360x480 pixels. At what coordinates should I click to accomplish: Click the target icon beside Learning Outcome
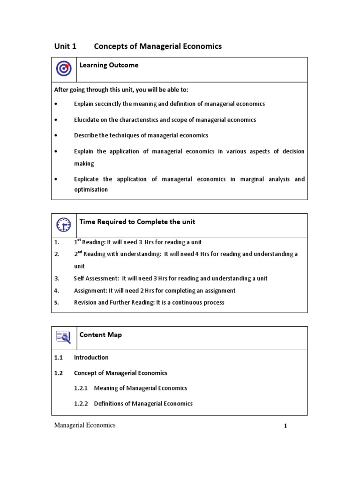click(63, 69)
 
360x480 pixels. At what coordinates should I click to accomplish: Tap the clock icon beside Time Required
click(63, 225)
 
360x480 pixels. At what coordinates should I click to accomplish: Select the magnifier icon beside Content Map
click(63, 337)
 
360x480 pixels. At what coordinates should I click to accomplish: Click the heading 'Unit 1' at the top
click(65, 46)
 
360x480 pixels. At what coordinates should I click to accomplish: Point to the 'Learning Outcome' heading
click(109, 65)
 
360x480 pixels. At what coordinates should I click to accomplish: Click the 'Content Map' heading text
click(100, 335)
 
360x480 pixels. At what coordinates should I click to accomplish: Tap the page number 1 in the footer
click(285, 427)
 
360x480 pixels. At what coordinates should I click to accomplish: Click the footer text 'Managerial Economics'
click(85, 425)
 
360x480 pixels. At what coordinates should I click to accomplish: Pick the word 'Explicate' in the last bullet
click(87, 179)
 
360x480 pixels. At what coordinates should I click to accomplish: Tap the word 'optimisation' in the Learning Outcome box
click(91, 190)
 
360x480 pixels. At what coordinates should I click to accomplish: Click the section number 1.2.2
click(82, 404)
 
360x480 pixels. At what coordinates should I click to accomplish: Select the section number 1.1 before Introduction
click(58, 358)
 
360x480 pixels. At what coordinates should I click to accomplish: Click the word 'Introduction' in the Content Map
click(91, 358)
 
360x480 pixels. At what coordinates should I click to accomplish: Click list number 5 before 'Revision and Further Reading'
click(56, 303)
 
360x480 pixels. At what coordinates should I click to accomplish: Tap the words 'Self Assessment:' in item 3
click(96, 278)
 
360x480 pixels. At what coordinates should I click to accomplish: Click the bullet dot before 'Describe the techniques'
click(56, 135)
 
